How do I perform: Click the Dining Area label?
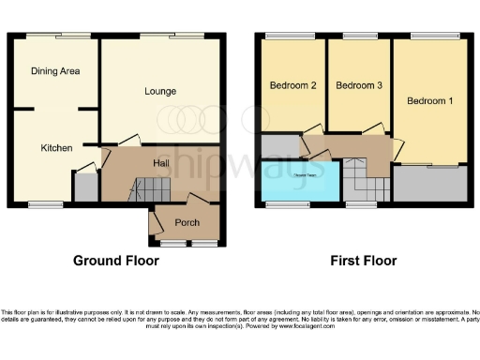(54, 71)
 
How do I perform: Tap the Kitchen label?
(56, 148)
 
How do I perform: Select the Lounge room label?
(160, 91)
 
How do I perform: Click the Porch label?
(187, 222)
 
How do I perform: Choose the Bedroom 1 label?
(429, 99)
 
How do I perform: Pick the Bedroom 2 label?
(293, 86)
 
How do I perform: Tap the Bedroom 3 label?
(359, 86)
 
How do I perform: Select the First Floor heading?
(364, 261)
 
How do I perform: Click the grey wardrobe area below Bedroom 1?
(429, 184)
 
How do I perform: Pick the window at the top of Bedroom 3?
(359, 36)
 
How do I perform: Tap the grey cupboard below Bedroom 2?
(277, 147)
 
